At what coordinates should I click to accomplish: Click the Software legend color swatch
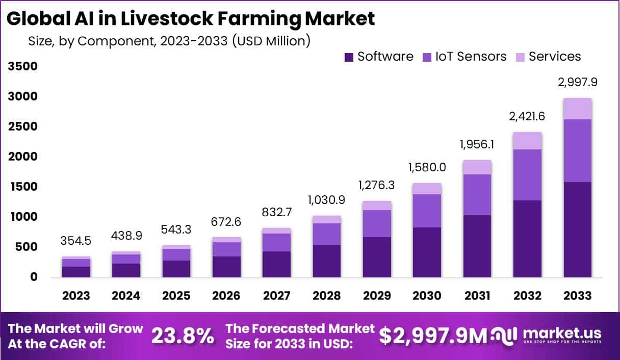point(349,57)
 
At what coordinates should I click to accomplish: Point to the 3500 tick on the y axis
point(22,67)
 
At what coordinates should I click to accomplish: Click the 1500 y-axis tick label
point(22,187)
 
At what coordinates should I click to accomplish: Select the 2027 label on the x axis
point(276,296)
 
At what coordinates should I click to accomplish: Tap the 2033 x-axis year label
point(577,296)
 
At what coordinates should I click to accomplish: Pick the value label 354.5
point(76,241)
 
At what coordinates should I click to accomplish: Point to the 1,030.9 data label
point(326,200)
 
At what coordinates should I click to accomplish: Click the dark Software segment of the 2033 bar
point(577,229)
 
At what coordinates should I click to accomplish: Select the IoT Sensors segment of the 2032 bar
point(527,175)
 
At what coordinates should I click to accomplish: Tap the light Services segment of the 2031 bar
point(477,167)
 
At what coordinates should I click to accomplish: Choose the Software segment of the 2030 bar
point(427,252)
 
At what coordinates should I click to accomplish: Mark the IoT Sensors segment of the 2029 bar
point(377,223)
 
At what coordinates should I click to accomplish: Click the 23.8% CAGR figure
point(183,336)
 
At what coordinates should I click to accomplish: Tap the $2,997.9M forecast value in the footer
point(433,336)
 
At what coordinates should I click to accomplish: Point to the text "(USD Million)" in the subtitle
point(271,41)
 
